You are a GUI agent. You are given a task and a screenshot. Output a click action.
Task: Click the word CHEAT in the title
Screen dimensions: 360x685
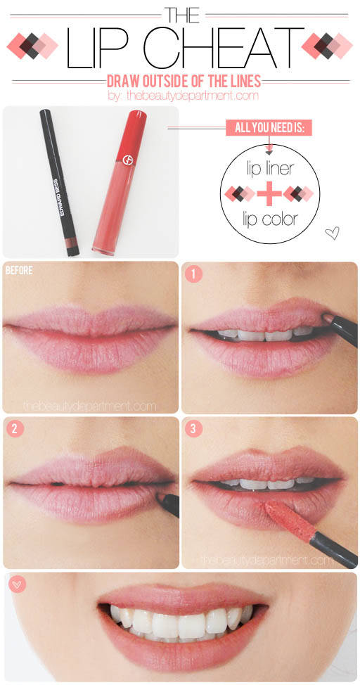(224, 48)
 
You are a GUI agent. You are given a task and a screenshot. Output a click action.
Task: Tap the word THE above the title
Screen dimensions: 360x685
(181, 15)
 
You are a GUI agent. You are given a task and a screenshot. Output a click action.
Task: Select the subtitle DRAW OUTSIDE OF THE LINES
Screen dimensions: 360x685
(184, 81)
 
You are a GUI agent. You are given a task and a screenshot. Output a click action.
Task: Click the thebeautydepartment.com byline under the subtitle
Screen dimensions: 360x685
(184, 96)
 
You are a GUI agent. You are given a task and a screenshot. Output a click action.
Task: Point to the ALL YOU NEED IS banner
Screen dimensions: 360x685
(269, 128)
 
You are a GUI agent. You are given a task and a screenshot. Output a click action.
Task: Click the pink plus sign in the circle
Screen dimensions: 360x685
(269, 194)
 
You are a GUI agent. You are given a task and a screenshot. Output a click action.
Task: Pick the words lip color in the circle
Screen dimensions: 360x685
(269, 219)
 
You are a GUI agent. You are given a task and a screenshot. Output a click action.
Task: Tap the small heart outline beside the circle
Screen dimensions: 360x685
(333, 233)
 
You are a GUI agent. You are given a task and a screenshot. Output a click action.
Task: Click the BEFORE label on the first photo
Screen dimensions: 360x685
(19, 271)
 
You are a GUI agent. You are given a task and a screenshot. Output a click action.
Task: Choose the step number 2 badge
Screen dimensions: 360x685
(15, 428)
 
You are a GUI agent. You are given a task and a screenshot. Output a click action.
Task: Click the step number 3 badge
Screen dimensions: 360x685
(193, 428)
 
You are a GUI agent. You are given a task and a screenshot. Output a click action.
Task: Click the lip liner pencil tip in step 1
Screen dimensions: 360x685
(326, 318)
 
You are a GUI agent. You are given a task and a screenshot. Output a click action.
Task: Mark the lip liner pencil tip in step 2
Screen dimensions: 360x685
(159, 495)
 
